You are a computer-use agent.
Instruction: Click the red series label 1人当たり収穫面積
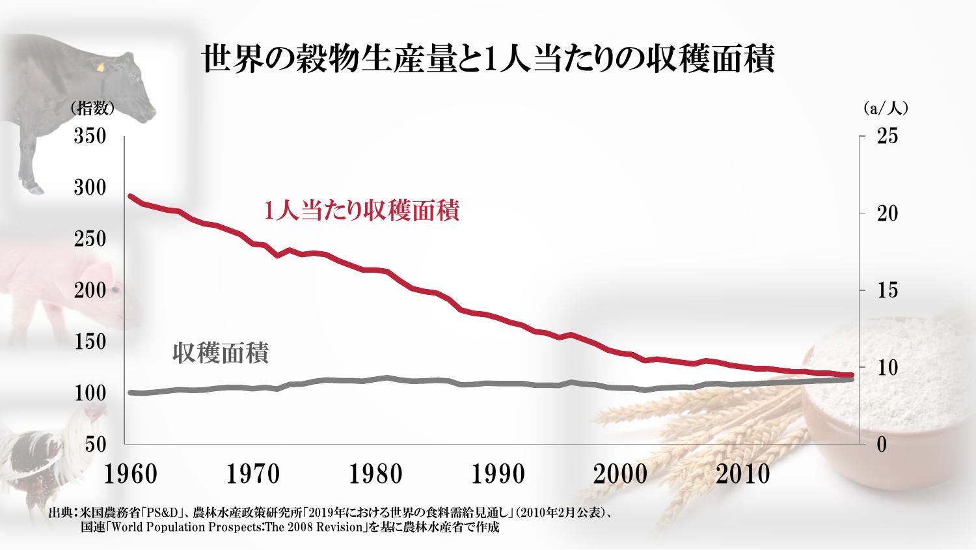point(361,211)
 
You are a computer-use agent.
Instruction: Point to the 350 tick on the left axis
point(90,138)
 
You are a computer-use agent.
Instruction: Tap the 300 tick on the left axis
point(90,189)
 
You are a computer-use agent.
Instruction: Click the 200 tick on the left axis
point(90,290)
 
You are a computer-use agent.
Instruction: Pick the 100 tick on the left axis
point(90,393)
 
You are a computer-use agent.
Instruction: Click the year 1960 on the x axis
point(131,474)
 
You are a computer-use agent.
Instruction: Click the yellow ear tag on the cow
point(100,66)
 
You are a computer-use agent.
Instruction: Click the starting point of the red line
point(130,196)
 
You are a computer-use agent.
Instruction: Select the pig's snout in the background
point(117,290)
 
